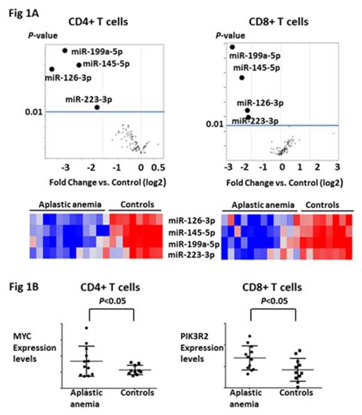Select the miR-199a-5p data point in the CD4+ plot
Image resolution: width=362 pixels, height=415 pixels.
pyautogui.click(x=65, y=50)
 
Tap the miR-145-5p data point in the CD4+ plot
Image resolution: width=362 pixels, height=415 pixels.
pyautogui.click(x=79, y=65)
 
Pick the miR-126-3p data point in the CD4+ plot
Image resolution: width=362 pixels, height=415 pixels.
pyautogui.click(x=52, y=69)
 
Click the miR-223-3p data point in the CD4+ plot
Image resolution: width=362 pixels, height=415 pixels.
pyautogui.click(x=97, y=107)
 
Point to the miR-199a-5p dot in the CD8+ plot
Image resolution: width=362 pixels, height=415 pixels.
pyautogui.click(x=233, y=47)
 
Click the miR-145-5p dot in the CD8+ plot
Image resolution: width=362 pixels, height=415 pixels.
pyautogui.click(x=242, y=77)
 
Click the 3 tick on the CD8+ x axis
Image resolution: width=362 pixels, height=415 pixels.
pyautogui.click(x=336, y=168)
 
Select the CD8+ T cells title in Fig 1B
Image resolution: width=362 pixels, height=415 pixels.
pyautogui.click(x=284, y=285)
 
